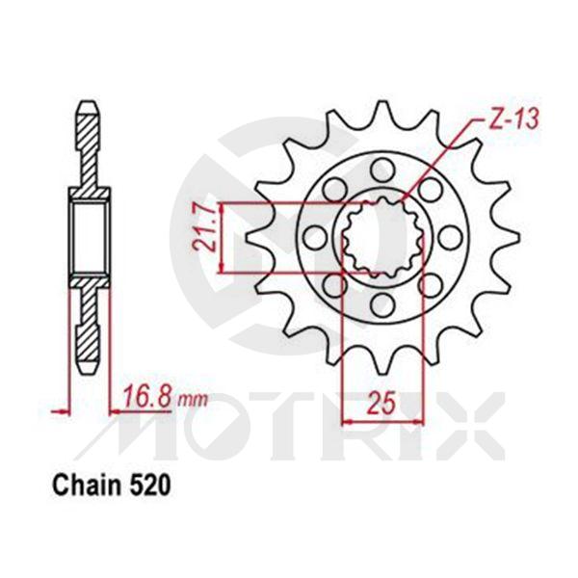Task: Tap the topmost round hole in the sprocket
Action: click(x=381, y=170)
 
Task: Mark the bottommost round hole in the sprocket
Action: click(x=381, y=305)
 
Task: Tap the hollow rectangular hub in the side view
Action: click(x=87, y=236)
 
